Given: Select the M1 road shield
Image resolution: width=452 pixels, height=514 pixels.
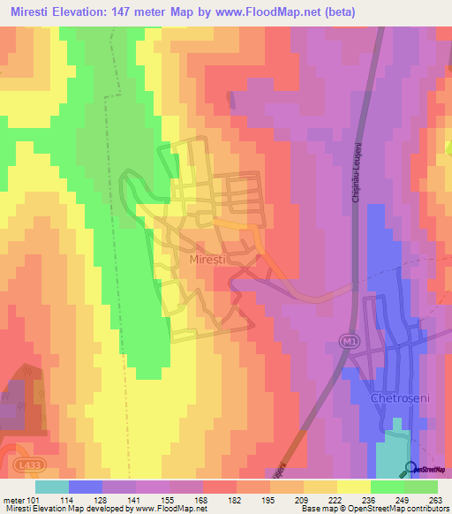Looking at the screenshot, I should pyautogui.click(x=350, y=340).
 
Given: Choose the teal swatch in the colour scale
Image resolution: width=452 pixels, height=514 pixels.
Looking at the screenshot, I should pyautogui.click(x=52, y=487).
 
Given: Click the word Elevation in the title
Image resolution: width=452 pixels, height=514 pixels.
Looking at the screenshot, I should pyautogui.click(x=95, y=12).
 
